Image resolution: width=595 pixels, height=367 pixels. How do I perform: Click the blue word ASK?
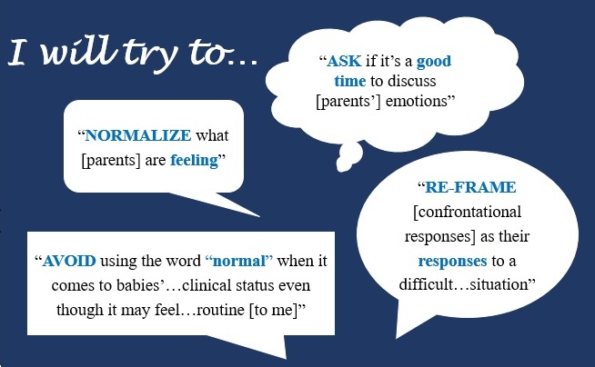(344, 61)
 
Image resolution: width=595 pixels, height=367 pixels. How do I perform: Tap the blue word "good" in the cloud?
(434, 62)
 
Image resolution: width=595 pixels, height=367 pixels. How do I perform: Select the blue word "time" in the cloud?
(350, 81)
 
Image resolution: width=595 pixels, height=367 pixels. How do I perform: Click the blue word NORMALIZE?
(138, 135)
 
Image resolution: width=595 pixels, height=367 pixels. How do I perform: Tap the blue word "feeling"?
(195, 161)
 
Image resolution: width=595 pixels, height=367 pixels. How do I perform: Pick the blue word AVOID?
(69, 261)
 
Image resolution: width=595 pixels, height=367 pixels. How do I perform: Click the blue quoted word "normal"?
(239, 261)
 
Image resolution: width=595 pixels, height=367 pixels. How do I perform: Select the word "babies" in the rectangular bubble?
(137, 285)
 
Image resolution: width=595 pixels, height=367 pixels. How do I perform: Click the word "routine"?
(221, 310)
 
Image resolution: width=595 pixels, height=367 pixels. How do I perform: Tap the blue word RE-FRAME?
(470, 187)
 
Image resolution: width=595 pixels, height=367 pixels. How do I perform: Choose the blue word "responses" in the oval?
(452, 262)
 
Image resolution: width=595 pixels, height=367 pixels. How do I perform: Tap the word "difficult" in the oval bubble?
(426, 284)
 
